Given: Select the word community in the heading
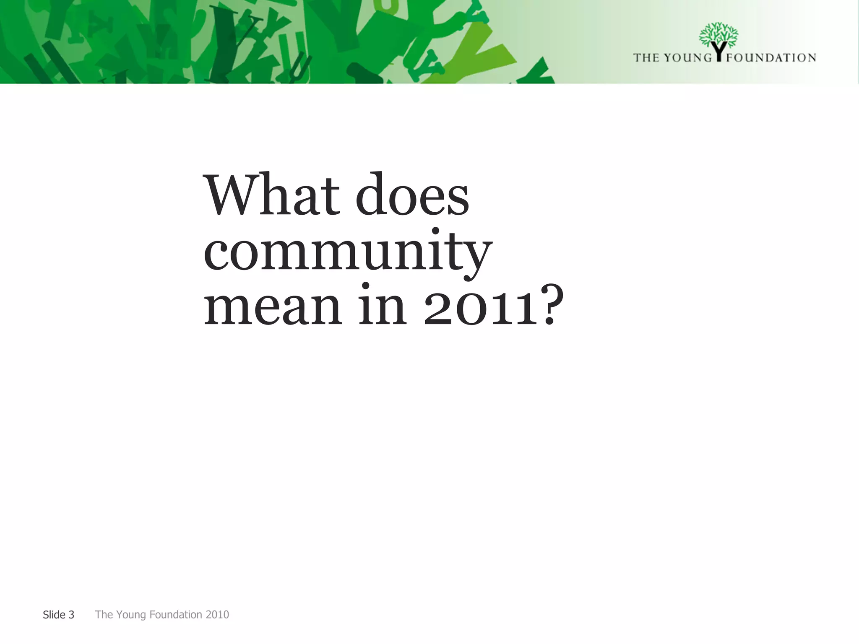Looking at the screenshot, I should point(348,252).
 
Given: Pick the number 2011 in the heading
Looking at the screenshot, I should point(480,306).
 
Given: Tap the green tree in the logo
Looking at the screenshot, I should point(718,34).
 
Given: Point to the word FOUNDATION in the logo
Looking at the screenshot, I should point(771,57).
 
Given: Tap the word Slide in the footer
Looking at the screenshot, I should point(54,615).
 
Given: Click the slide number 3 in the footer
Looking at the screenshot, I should point(71,615).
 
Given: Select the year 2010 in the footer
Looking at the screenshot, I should point(217,615).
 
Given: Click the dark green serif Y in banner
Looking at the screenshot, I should point(226,42).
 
